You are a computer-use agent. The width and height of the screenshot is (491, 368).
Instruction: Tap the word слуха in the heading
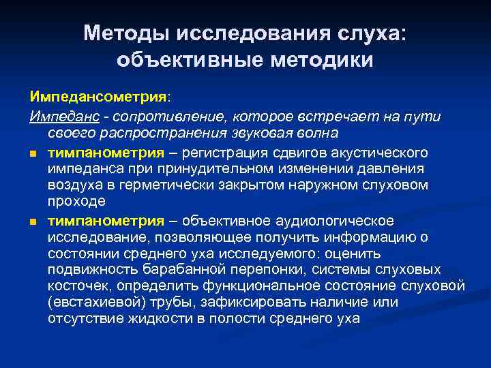pyautogui.click(x=367, y=33)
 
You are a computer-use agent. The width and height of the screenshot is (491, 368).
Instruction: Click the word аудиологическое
pyautogui.click(x=336, y=221)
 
